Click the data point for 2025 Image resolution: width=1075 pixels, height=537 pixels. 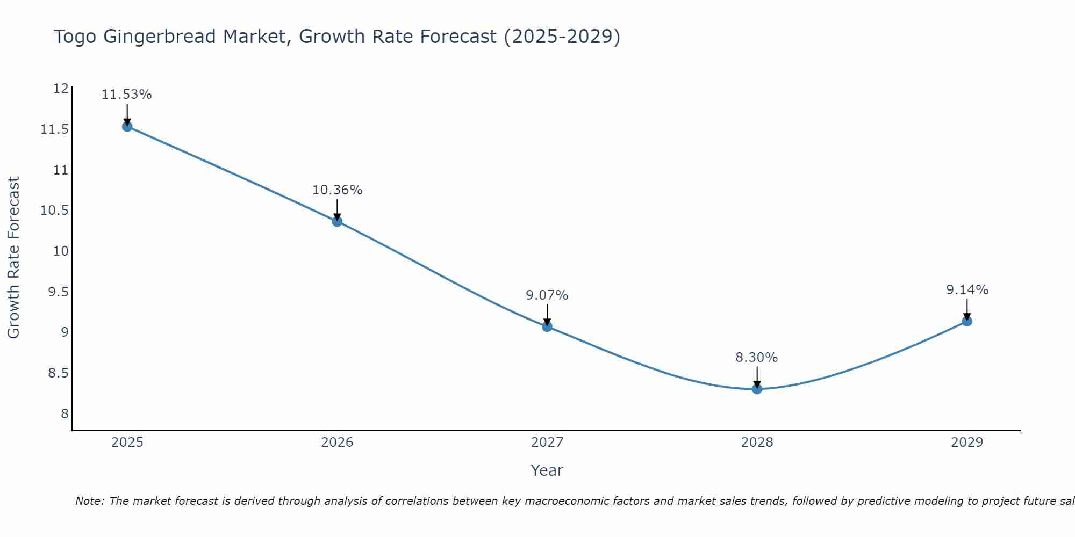click(127, 127)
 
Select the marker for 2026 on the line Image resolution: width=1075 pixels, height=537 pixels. click(337, 221)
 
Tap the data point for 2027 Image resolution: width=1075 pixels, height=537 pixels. click(547, 326)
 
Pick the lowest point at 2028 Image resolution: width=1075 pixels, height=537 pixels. click(757, 389)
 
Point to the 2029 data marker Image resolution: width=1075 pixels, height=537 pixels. click(967, 321)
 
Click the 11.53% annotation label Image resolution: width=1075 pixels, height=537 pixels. click(127, 95)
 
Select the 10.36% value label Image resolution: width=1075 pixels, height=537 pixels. click(337, 190)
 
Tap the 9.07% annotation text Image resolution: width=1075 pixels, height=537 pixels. click(547, 295)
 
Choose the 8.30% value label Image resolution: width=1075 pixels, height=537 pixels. click(756, 358)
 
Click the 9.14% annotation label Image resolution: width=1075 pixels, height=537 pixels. click(967, 290)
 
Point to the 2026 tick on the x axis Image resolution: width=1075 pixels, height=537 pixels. click(337, 442)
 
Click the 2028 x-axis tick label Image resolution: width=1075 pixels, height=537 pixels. click(757, 442)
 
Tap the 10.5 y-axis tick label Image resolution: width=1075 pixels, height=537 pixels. click(55, 211)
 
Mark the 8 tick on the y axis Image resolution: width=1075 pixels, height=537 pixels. click(64, 413)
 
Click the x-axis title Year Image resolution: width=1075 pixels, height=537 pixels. click(547, 470)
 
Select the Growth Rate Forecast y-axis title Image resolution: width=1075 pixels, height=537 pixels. click(13, 258)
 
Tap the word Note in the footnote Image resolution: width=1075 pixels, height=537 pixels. click(89, 501)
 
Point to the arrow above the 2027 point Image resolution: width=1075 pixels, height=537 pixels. click(547, 315)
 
